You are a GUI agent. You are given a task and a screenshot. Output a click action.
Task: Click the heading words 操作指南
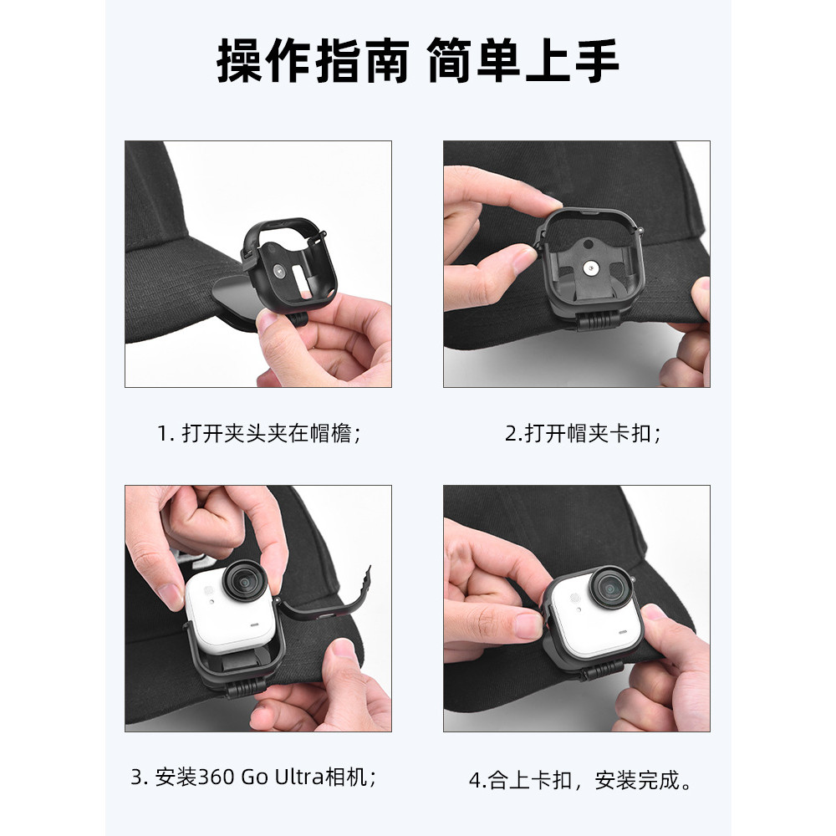(313, 61)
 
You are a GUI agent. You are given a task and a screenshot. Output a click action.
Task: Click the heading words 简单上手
(523, 61)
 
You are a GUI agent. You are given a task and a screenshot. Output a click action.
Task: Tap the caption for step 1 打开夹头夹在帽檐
(259, 433)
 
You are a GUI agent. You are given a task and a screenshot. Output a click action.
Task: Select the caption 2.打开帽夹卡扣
(584, 433)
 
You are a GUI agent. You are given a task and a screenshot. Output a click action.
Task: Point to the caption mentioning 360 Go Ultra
(254, 777)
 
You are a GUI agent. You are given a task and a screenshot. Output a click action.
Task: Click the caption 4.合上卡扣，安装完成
(581, 780)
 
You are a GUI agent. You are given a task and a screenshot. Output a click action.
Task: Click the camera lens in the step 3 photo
(245, 582)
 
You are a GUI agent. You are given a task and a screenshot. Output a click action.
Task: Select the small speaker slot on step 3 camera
(254, 624)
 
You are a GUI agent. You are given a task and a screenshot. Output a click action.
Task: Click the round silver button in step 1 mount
(278, 270)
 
